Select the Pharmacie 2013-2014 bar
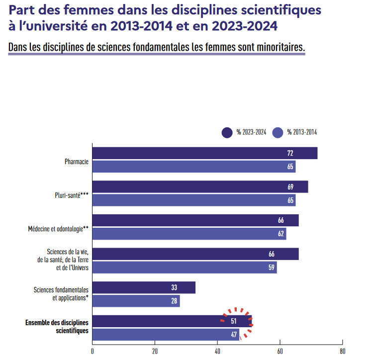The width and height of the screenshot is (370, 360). [194, 167]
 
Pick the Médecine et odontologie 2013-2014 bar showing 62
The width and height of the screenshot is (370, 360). [189, 234]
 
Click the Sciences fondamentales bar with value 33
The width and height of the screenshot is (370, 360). [144, 287]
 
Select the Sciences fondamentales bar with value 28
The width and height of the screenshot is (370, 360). [136, 301]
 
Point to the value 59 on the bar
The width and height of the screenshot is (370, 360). [272, 268]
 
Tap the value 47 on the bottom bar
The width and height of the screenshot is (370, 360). [234, 335]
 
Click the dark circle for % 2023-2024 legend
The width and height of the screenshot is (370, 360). [227, 132]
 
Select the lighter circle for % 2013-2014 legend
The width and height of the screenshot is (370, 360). [278, 132]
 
